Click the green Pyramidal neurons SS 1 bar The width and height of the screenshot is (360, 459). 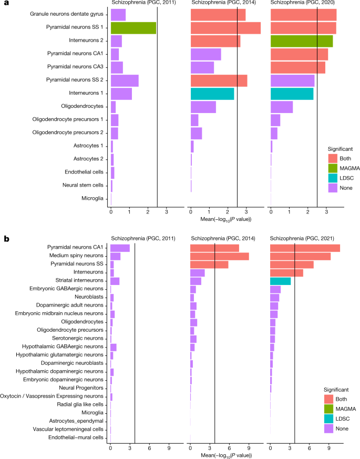point(133,28)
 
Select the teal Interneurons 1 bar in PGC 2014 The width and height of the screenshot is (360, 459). point(212,94)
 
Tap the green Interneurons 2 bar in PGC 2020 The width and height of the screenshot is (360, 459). point(301,41)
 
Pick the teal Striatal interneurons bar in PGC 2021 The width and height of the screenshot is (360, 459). point(280,281)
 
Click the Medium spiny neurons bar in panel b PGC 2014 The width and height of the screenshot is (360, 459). point(219,256)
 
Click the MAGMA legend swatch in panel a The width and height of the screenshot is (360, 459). point(332,169)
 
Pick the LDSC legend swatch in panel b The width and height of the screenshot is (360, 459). point(327,419)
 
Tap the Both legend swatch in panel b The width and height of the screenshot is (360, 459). point(327,400)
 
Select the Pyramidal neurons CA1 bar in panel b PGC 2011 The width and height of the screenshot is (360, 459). point(120,248)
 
